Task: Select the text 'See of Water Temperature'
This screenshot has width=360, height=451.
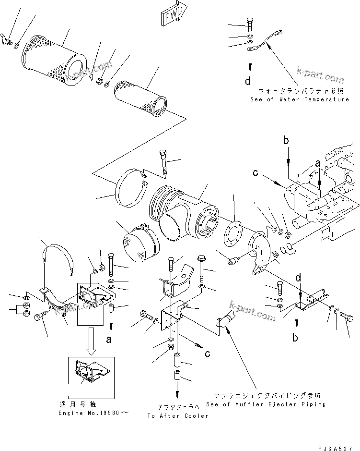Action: [x=300, y=99]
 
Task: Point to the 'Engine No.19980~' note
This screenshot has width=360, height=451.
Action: [x=87, y=413]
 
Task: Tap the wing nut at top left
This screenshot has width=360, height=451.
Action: [x=6, y=41]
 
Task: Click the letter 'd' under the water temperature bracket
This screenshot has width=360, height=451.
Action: [x=248, y=81]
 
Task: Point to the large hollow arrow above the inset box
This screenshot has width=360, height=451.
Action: [x=91, y=338]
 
